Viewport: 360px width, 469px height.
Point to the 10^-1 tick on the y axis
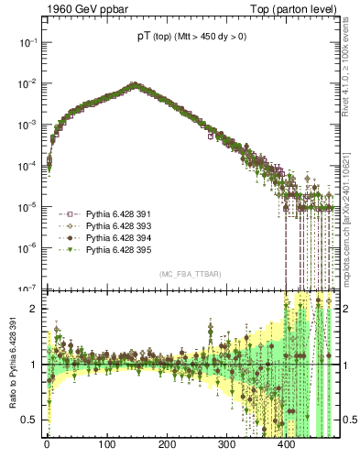(26, 42)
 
